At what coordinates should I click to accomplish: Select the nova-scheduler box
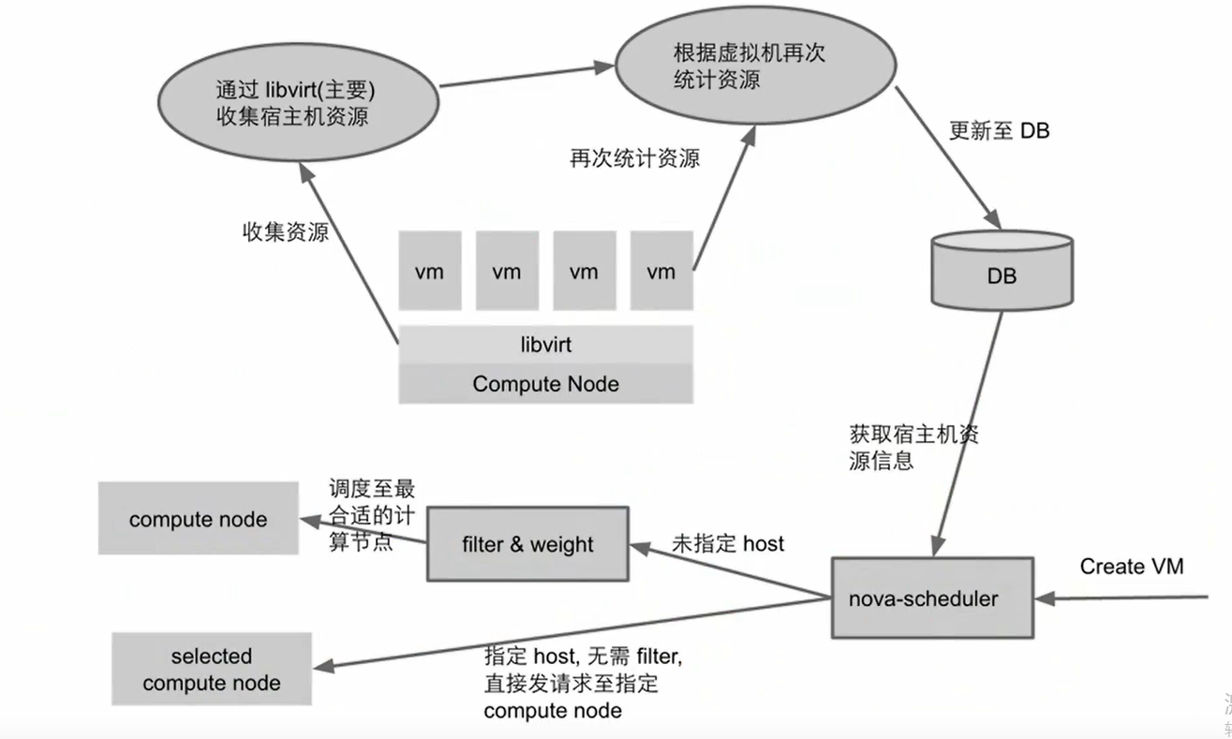[x=932, y=598]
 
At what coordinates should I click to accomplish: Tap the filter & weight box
[x=527, y=544]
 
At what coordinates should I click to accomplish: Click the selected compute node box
[x=211, y=669]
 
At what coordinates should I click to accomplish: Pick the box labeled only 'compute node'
[x=198, y=519]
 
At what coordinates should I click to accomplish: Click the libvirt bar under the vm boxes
[x=545, y=345]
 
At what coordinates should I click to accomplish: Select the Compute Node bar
[x=545, y=384]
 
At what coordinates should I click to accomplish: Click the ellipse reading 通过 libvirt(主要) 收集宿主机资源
[x=295, y=104]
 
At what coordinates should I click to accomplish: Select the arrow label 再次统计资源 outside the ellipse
[x=634, y=157]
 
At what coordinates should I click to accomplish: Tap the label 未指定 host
[x=728, y=543]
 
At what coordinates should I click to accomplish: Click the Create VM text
[x=1131, y=566]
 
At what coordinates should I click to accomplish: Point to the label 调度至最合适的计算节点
[x=371, y=514]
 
